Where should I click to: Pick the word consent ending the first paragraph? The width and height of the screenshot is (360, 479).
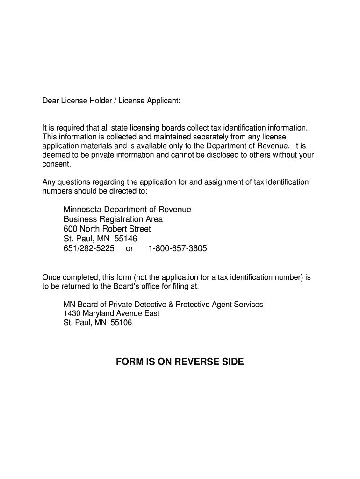(x=57, y=164)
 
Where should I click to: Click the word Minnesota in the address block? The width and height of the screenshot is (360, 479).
(x=84, y=210)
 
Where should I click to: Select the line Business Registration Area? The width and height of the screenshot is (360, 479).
(x=113, y=219)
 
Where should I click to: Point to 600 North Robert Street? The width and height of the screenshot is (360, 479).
(x=107, y=229)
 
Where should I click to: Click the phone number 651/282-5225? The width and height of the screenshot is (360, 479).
(x=89, y=248)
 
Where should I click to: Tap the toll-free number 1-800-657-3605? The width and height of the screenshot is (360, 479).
(x=177, y=248)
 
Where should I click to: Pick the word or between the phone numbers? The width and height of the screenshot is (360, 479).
(x=130, y=248)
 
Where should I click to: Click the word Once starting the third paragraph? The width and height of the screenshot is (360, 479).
(x=51, y=277)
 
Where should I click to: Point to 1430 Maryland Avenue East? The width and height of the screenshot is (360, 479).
(x=111, y=313)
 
